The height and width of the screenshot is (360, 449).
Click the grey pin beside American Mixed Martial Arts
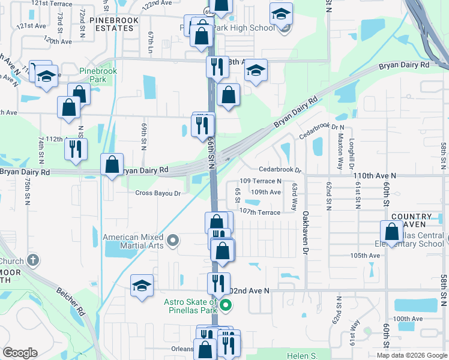(173, 241)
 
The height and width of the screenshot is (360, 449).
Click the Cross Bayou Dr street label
(158, 193)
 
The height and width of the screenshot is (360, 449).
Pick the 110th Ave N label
(375, 175)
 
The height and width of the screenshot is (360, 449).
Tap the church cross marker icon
(33, 261)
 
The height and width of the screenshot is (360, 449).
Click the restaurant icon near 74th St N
(76, 149)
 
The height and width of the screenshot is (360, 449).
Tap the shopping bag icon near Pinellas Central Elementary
(391, 232)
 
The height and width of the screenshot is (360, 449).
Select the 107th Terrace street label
(260, 212)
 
